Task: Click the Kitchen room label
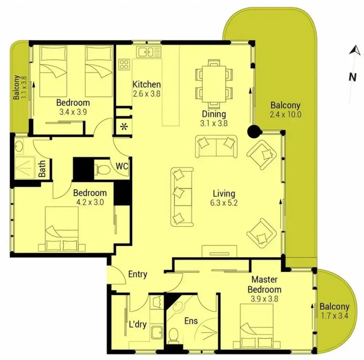tap(147, 84)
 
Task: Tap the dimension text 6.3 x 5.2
tap(224, 203)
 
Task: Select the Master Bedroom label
tap(264, 285)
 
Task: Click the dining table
tap(214, 84)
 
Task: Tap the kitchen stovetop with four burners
tap(124, 64)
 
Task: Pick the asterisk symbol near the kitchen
tap(124, 127)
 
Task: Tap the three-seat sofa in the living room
tap(182, 197)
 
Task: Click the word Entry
tap(138, 274)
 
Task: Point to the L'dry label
tap(138, 324)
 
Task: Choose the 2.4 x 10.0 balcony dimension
tap(286, 114)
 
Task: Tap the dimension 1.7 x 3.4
tap(334, 316)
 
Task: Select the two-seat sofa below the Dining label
tap(216, 147)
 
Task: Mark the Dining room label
tap(214, 114)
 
